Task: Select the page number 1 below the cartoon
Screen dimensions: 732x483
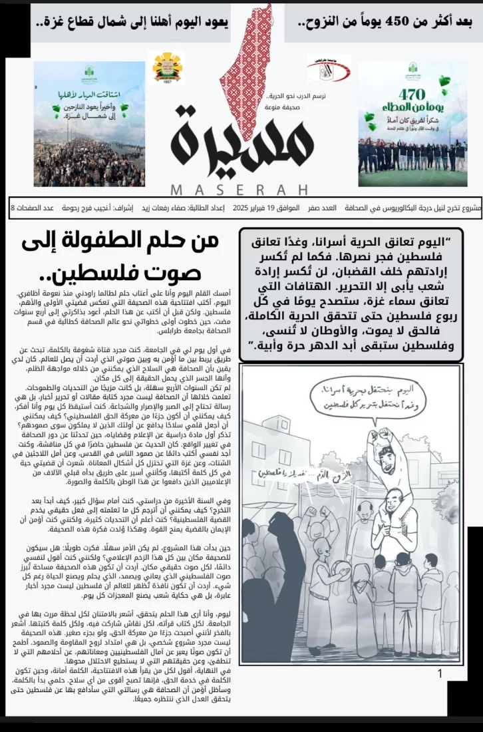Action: pyautogui.click(x=440, y=674)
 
